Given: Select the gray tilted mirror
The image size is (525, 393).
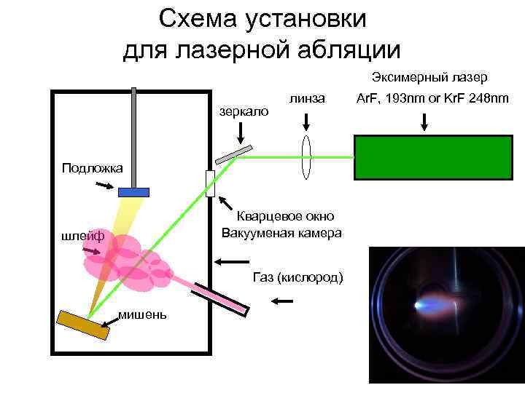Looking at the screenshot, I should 233,154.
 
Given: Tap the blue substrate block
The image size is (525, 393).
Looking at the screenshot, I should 133,192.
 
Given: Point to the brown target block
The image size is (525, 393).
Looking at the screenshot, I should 83,325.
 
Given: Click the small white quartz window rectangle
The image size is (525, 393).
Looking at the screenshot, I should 210,183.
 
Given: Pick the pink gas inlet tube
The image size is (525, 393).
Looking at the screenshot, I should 219,295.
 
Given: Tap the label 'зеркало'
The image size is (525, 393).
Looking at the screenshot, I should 244,111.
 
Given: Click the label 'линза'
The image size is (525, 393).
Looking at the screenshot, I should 306,98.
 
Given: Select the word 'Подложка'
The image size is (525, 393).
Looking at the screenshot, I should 93,168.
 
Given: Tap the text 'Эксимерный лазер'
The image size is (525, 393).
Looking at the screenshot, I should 429,77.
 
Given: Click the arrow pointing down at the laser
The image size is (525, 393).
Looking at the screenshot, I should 424,122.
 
